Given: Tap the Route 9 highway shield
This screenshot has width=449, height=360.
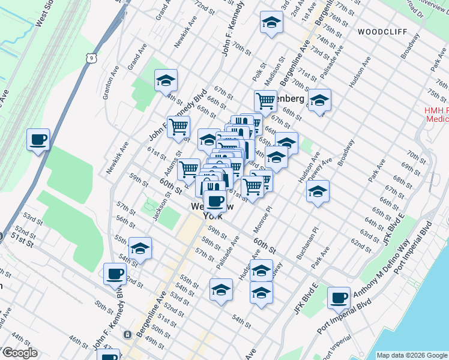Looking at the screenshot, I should point(91,58).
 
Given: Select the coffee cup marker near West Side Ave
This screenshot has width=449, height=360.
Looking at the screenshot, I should point(38,140).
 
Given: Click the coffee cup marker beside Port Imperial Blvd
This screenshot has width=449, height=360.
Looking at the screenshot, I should point(339,298).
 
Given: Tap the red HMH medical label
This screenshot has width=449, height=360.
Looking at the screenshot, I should point(436,115).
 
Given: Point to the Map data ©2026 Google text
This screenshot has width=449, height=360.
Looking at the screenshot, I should point(412,355).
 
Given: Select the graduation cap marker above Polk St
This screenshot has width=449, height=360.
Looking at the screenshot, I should point(271,23).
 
